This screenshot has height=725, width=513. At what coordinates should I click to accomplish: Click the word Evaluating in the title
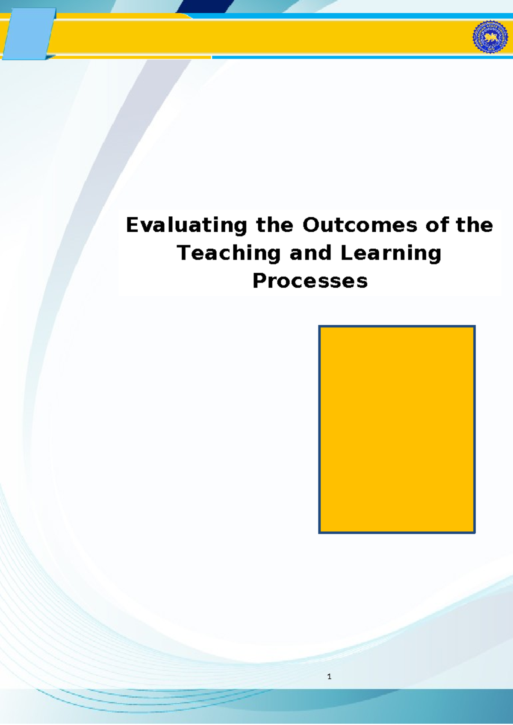click(186, 225)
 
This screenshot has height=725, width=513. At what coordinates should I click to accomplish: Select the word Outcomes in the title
click(360, 225)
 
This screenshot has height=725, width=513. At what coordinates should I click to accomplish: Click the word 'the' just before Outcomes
click(274, 225)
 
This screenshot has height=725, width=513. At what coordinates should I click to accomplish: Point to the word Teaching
click(229, 253)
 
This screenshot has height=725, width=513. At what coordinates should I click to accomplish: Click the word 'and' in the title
click(311, 253)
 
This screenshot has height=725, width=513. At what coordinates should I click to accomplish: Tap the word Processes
click(310, 281)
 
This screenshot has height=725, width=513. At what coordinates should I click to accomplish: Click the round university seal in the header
click(490, 37)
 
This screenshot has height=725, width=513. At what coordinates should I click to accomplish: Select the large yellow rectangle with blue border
click(397, 429)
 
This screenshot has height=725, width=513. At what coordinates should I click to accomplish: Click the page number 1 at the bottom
click(329, 677)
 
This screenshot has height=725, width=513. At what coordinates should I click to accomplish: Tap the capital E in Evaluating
click(133, 225)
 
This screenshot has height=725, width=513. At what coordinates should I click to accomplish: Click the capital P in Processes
click(259, 281)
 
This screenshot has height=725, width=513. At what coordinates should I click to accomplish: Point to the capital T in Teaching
click(184, 253)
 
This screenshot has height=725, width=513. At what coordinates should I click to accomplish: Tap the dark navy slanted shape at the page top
click(205, 6)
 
